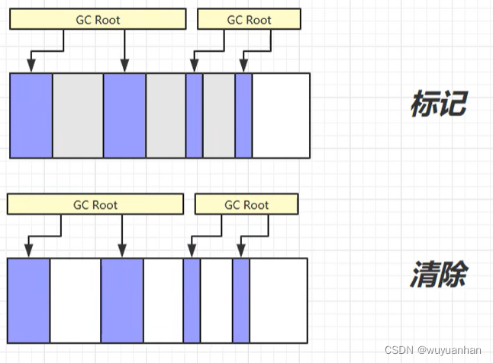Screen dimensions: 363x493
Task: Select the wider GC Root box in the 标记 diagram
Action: (97, 20)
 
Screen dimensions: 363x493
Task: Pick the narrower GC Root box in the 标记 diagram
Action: (248, 20)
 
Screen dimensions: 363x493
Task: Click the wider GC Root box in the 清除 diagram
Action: (95, 204)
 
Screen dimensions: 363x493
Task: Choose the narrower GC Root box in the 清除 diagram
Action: (246, 204)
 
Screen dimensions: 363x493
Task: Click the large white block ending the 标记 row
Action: (281, 115)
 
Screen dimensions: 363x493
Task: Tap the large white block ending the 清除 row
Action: (279, 300)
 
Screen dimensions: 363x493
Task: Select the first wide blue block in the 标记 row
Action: (31, 115)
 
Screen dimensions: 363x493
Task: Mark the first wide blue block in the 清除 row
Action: (29, 300)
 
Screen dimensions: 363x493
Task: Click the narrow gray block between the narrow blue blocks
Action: (219, 115)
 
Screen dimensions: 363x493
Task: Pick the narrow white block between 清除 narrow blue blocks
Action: (217, 300)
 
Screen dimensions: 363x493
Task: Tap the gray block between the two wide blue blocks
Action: (78, 115)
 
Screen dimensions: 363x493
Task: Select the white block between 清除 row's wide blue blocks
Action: (76, 300)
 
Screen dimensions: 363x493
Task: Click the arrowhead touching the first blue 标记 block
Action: (31, 67)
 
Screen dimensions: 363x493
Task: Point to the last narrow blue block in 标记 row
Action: (243, 115)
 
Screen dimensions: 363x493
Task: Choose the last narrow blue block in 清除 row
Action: (241, 300)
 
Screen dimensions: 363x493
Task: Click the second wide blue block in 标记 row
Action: (124, 115)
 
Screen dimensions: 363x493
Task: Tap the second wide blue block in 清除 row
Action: (122, 300)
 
